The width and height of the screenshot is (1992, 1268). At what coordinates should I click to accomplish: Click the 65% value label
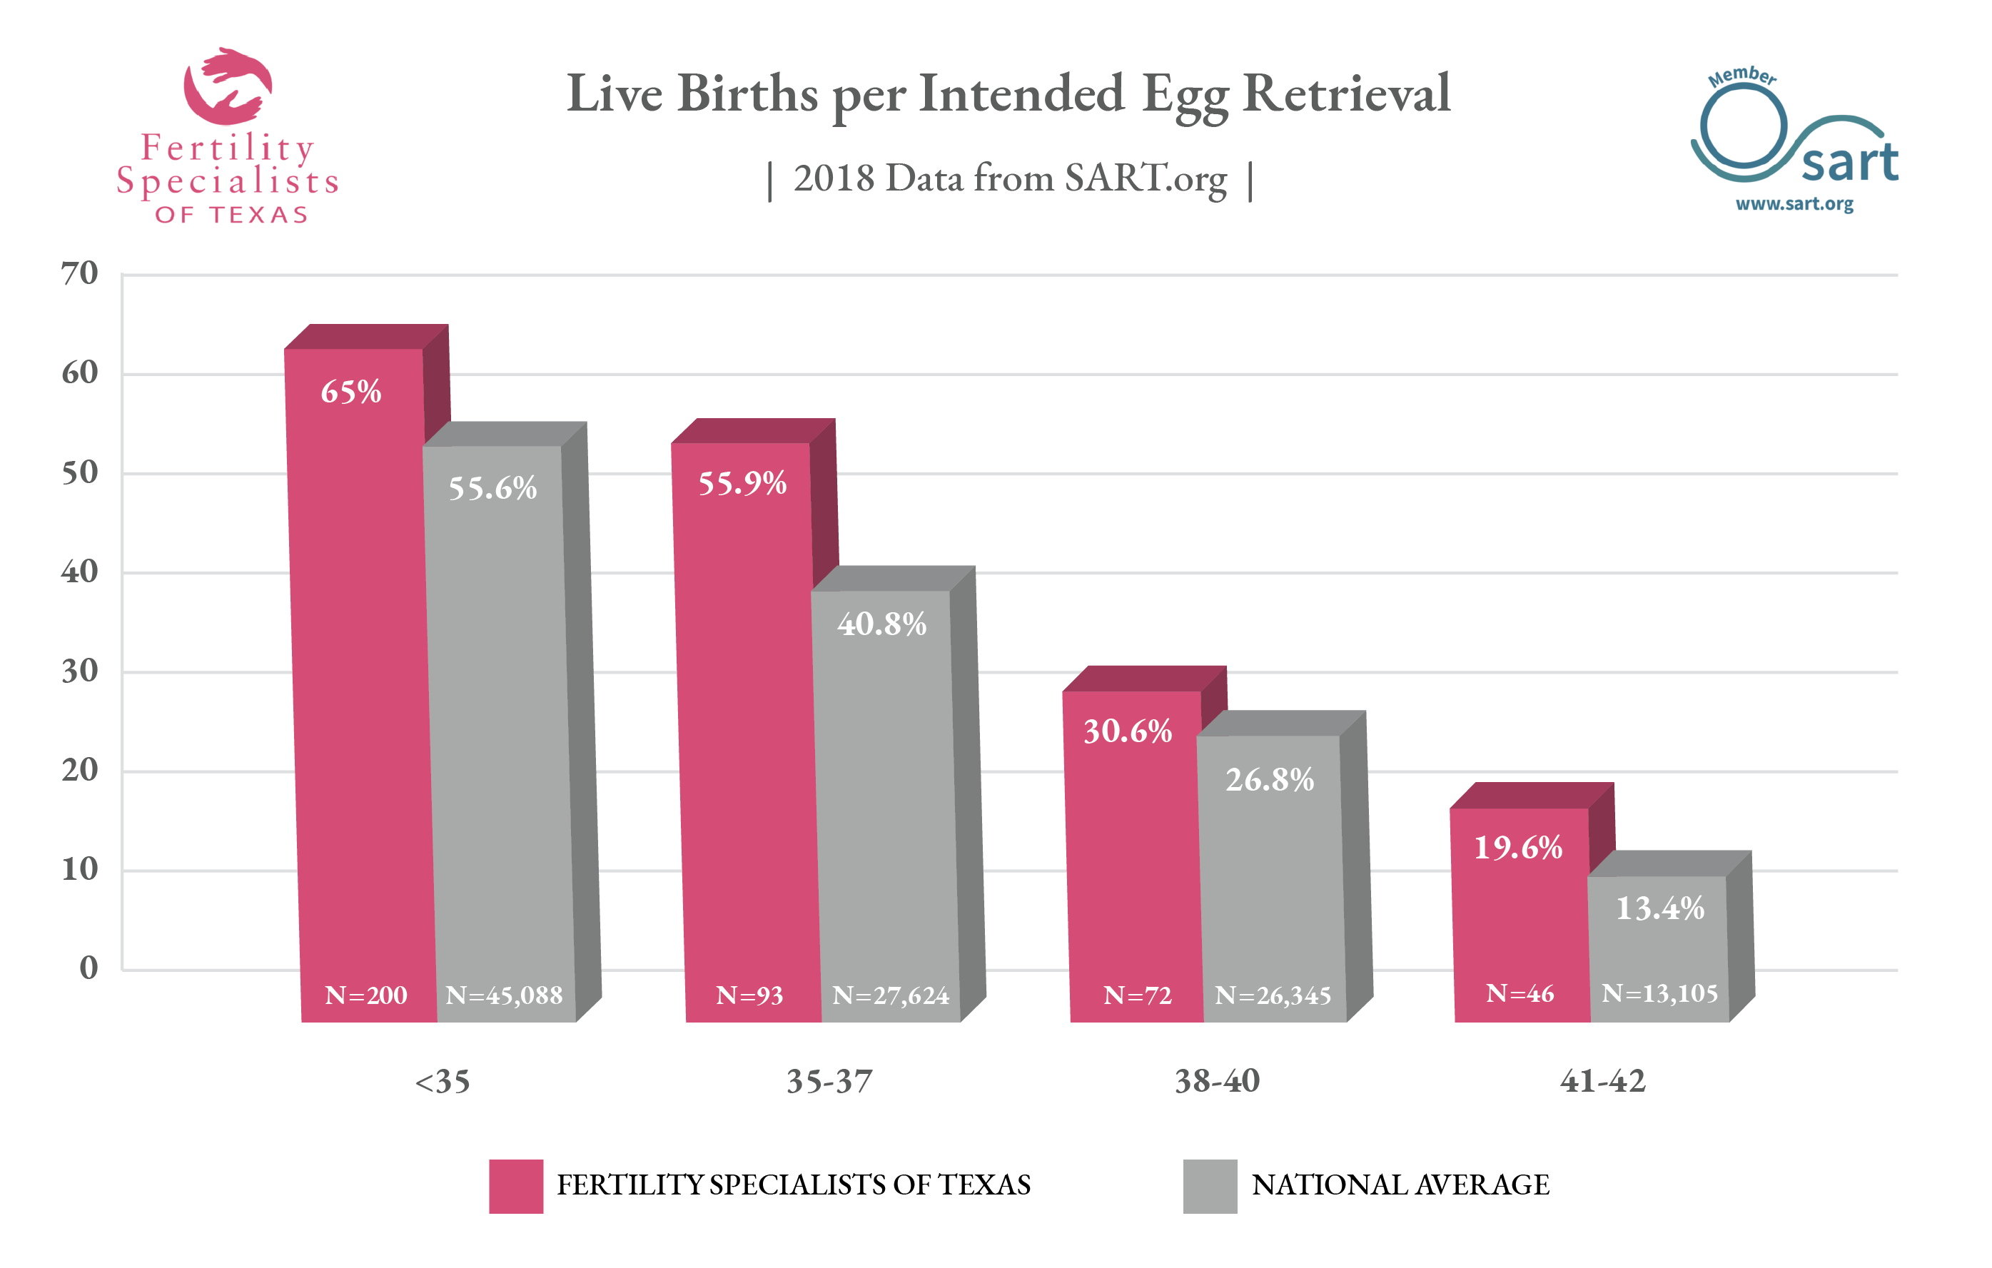click(350, 392)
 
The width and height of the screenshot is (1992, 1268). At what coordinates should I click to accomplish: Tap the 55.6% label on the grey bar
click(492, 488)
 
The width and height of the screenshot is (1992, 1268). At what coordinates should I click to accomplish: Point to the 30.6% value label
click(1128, 731)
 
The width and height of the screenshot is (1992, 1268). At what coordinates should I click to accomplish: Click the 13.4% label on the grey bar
click(1659, 908)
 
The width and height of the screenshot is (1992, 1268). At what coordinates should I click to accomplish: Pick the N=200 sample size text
click(365, 995)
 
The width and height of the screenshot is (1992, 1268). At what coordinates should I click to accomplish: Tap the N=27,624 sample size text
click(890, 995)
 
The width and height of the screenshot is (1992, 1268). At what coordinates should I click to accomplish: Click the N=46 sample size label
click(1520, 993)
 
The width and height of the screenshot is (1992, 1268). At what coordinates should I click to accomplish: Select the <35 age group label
click(442, 1082)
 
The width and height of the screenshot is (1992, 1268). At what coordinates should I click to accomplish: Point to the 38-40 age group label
click(1217, 1081)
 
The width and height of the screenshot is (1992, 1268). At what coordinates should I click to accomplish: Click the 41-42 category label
click(1602, 1081)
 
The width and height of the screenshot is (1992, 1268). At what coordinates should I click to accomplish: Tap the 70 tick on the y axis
click(79, 274)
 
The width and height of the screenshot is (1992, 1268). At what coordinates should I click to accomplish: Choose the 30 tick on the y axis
click(79, 671)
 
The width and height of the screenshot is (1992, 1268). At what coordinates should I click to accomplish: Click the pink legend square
click(515, 1186)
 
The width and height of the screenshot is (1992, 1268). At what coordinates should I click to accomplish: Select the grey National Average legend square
click(1210, 1186)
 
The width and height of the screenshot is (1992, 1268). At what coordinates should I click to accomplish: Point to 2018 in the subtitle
click(833, 178)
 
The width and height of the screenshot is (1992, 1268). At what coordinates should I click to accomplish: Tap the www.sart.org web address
click(1794, 203)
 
